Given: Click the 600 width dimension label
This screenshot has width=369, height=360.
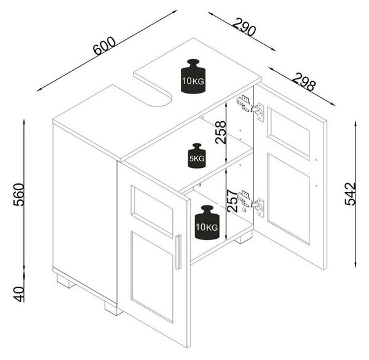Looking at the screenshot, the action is pyautogui.click(x=105, y=46).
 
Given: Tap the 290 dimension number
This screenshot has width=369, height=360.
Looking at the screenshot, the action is pyautogui.click(x=244, y=26).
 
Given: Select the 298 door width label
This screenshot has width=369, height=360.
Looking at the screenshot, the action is pyautogui.click(x=304, y=81).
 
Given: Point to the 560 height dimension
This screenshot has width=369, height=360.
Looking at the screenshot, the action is pyautogui.click(x=19, y=194).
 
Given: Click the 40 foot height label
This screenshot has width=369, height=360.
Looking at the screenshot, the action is pyautogui.click(x=19, y=294).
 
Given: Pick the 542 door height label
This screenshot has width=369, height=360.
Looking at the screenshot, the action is pyautogui.click(x=350, y=194).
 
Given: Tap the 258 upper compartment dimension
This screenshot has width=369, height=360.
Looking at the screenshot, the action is pyautogui.click(x=221, y=132).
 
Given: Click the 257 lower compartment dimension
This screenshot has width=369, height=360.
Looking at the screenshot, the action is pyautogui.click(x=232, y=201).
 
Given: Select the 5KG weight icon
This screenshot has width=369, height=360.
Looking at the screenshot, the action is pyautogui.click(x=197, y=156).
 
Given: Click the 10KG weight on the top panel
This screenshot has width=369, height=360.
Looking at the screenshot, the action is pyautogui.click(x=193, y=76).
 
